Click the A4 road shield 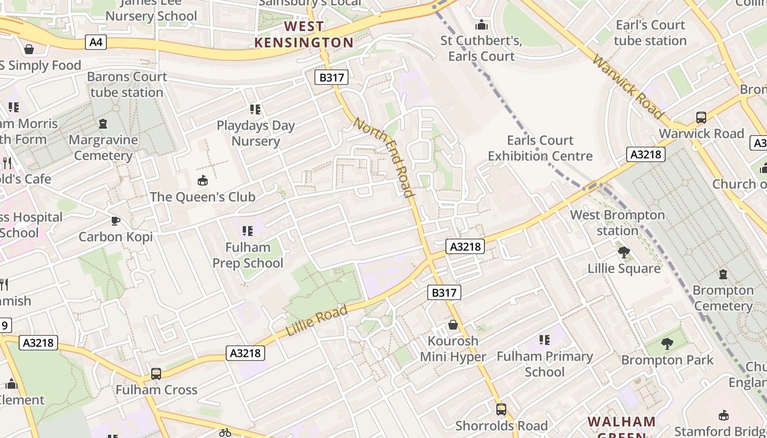click(x=96, y=42)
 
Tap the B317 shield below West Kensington click(x=331, y=77)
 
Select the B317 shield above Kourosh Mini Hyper click(x=444, y=292)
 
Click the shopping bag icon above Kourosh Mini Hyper click(x=453, y=325)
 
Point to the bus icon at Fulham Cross click(x=156, y=374)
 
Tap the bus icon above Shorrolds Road click(x=501, y=409)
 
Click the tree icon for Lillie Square click(x=623, y=252)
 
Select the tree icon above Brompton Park click(x=667, y=344)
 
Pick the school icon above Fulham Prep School click(x=248, y=231)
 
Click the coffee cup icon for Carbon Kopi click(x=116, y=221)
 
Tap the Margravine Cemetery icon click(x=103, y=124)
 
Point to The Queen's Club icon click(x=203, y=180)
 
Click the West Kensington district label click(x=304, y=34)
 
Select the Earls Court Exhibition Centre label click(x=540, y=148)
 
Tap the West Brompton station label click(x=617, y=223)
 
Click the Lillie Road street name click(x=317, y=321)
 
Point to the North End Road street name click(x=383, y=157)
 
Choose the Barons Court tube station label click(x=127, y=84)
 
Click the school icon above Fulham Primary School click(x=544, y=340)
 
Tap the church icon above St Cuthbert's click(x=482, y=25)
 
